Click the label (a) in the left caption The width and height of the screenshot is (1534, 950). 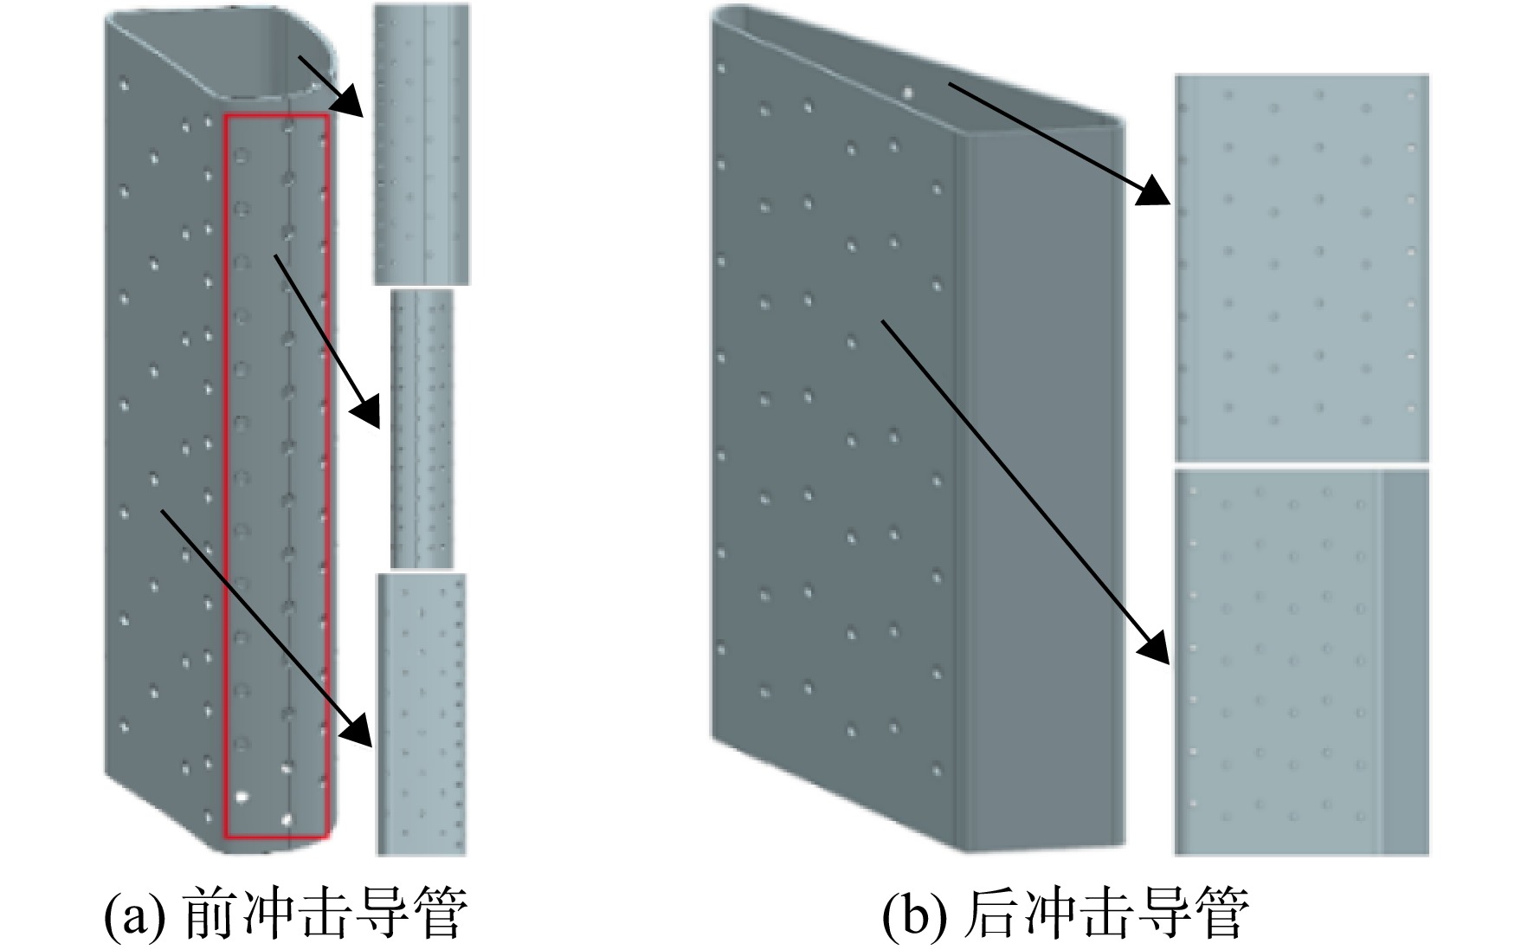133,914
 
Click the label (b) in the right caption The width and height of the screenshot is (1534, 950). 912,914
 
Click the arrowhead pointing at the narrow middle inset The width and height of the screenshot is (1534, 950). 367,410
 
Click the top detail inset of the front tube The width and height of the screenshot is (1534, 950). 422,144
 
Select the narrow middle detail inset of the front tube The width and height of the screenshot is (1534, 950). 422,429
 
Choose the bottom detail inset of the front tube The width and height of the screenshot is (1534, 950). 422,714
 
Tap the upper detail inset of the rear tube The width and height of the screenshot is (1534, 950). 1301,268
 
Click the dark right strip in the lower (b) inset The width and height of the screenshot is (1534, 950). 1404,662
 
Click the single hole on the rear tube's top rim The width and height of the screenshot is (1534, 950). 908,90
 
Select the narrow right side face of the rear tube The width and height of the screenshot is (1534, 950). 1039,485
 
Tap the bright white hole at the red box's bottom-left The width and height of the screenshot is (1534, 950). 242,795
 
